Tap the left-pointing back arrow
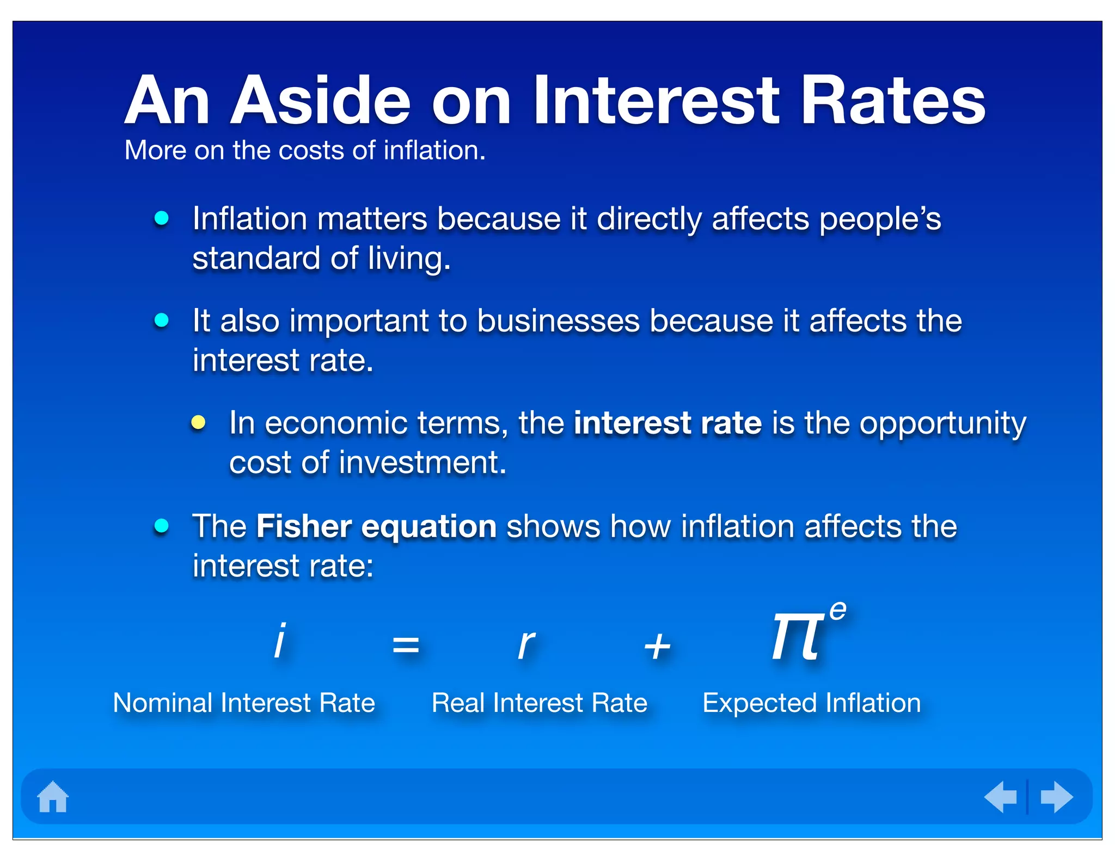pyautogui.click(x=1001, y=797)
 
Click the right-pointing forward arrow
pyautogui.click(x=1056, y=797)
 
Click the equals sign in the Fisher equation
pyautogui.click(x=406, y=646)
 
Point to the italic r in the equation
pyautogui.click(x=526, y=644)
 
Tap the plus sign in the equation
pyautogui.click(x=657, y=647)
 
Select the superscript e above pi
pyautogui.click(x=838, y=611)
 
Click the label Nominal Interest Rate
pyautogui.click(x=244, y=703)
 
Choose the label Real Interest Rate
pyautogui.click(x=539, y=703)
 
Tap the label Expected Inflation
pyautogui.click(x=811, y=703)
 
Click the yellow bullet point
pyautogui.click(x=198, y=423)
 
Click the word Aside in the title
pyautogui.click(x=320, y=101)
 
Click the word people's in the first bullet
pyautogui.click(x=880, y=219)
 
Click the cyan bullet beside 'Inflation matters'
pyautogui.click(x=161, y=218)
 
